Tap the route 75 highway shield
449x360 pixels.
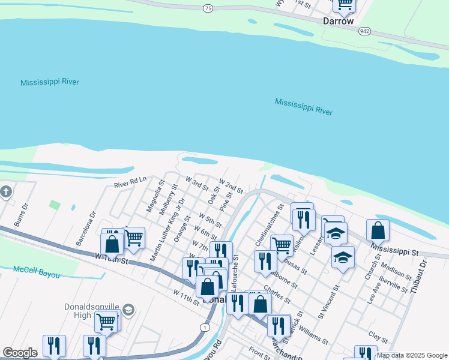(208, 8)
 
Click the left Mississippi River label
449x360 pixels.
(50, 82)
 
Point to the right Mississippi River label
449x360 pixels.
(304, 107)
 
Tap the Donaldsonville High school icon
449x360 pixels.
(128, 310)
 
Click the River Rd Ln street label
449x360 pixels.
(130, 182)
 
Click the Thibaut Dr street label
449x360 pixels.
(418, 277)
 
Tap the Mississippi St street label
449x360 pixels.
(394, 248)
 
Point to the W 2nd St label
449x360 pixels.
(231, 186)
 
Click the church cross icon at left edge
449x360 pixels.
(6, 192)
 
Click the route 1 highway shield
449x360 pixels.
(205, 328)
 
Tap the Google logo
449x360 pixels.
(20, 353)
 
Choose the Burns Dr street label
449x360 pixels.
(22, 216)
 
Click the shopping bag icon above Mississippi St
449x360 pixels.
(378, 230)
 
